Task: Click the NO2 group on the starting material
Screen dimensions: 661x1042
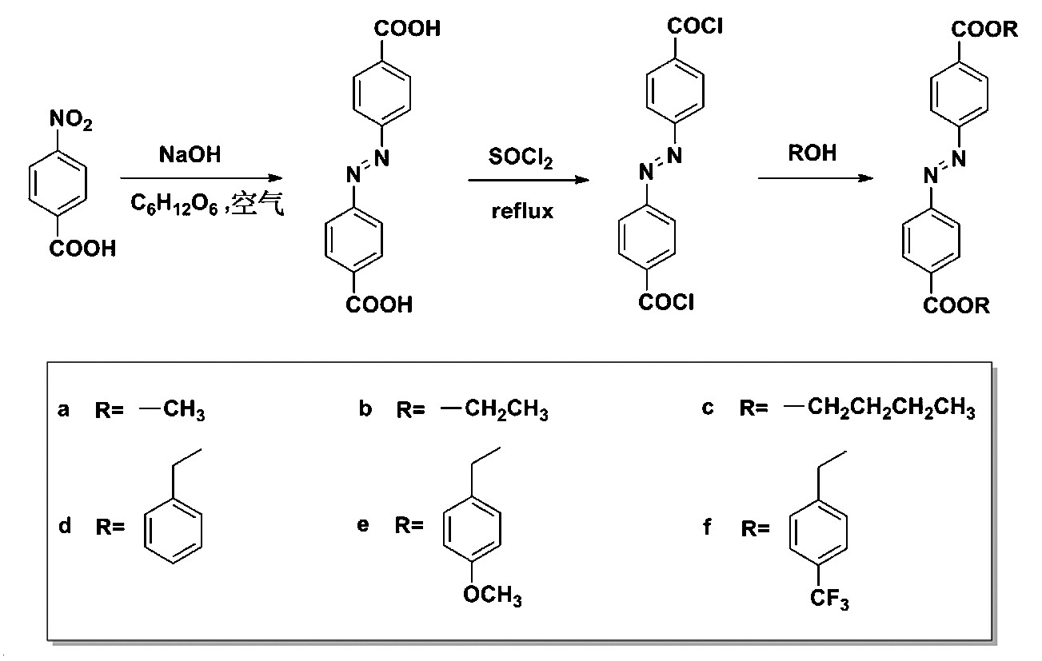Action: (71, 121)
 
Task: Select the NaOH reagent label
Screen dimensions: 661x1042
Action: (190, 154)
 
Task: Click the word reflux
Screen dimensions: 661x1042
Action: (522, 212)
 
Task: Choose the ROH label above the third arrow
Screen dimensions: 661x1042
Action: (812, 153)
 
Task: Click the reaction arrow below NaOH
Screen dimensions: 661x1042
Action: (202, 178)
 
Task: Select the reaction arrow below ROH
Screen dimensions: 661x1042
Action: (815, 178)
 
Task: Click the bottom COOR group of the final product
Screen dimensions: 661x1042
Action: (956, 306)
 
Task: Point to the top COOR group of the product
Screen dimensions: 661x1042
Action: (984, 30)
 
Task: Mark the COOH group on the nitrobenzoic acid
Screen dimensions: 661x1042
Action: (82, 249)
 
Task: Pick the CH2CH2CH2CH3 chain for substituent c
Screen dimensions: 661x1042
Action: (891, 410)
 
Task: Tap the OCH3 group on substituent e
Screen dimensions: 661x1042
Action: (492, 597)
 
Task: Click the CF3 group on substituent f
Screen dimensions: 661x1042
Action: (831, 599)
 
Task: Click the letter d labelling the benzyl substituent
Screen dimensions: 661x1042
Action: (65, 525)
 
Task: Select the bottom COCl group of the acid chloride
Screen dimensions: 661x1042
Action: (667, 303)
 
